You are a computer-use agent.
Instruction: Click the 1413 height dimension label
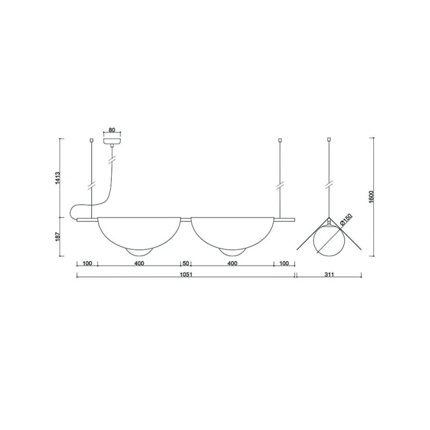pos(58,178)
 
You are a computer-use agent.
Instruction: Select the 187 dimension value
pos(58,237)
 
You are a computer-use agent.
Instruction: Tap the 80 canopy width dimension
pos(112,130)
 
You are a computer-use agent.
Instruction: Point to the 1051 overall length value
pos(186,274)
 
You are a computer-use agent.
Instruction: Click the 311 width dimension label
pos(329,274)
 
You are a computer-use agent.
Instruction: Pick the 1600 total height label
pos(371,197)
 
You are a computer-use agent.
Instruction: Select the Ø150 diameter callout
pos(346,220)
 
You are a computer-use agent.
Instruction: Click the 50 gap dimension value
pos(186,263)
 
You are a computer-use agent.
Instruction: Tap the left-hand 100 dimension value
pos(87,263)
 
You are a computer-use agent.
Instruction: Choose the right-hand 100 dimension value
pos(284,263)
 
